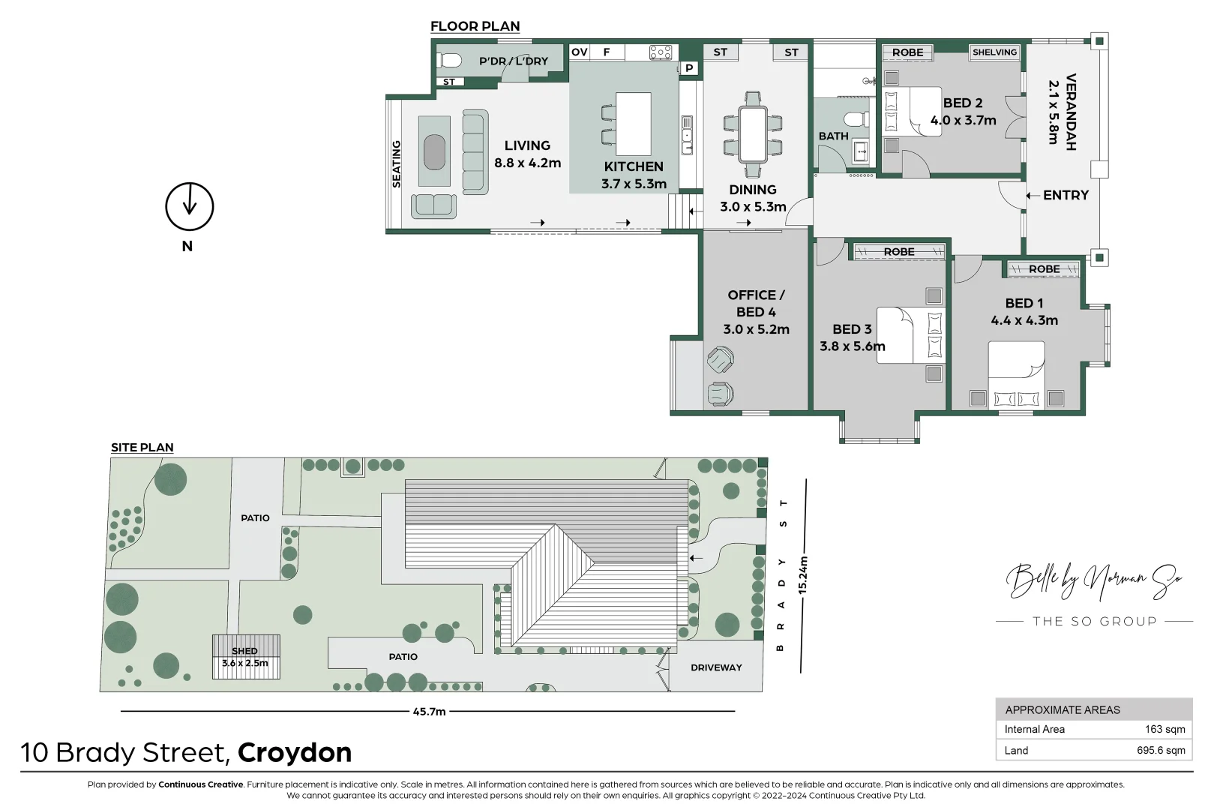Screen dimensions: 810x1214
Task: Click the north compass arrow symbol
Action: point(189,206)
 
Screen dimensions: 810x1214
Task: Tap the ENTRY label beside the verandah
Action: point(1065,195)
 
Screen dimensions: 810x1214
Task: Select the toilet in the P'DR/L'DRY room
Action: point(451,60)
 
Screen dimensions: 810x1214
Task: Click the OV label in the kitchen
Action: point(579,52)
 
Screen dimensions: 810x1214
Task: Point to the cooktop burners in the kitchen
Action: point(660,52)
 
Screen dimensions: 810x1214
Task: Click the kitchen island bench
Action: point(633,124)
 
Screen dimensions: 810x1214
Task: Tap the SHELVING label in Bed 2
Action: point(994,52)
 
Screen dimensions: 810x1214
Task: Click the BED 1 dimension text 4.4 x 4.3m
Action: point(1024,320)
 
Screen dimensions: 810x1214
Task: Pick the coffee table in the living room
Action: point(434,151)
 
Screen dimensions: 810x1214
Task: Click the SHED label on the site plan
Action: point(244,651)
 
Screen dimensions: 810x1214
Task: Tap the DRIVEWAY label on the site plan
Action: point(716,667)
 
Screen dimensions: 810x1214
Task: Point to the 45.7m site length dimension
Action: point(429,711)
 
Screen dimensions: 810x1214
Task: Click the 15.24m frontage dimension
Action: point(803,574)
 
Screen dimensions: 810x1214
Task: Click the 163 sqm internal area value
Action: point(1165,729)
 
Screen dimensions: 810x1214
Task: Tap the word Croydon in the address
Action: point(295,752)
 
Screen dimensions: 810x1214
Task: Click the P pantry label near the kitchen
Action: point(689,68)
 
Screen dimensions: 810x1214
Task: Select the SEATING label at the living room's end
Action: point(397,163)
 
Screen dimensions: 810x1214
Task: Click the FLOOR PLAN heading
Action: point(475,26)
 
